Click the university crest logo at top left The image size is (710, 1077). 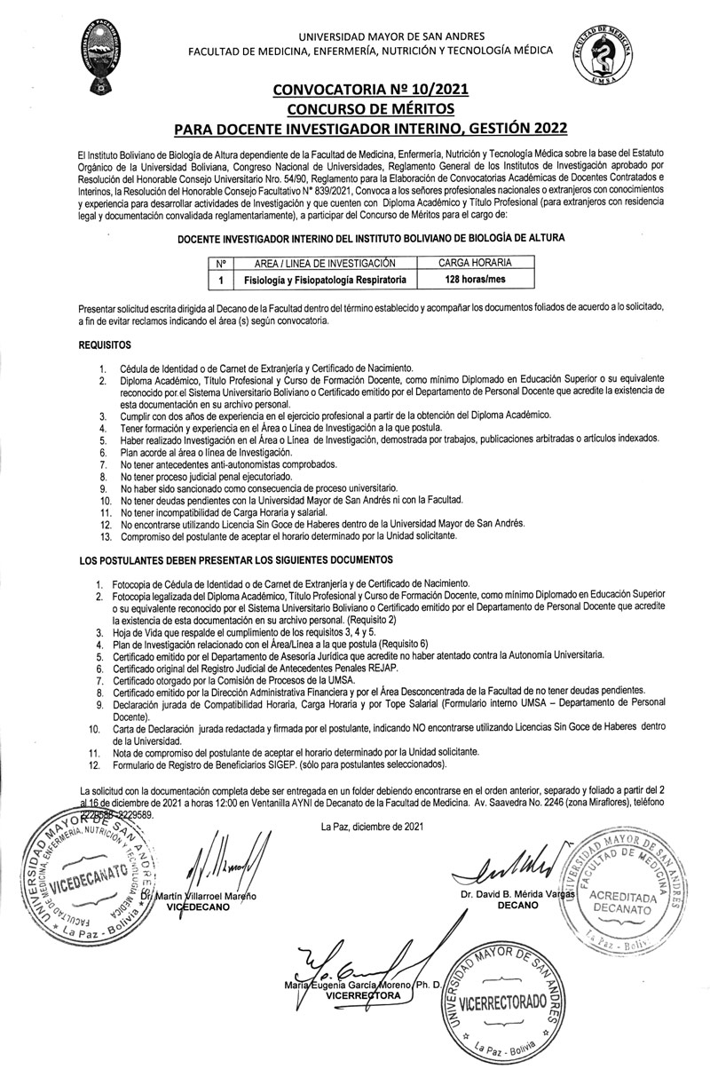[x=101, y=58]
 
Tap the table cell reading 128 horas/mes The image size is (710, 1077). [x=475, y=280]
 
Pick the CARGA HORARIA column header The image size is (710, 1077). [x=475, y=264]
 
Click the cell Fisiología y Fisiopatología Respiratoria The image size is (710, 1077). [x=324, y=280]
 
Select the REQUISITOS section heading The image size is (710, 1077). [x=105, y=342]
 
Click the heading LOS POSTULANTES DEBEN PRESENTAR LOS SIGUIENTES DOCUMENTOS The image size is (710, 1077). [x=235, y=560]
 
